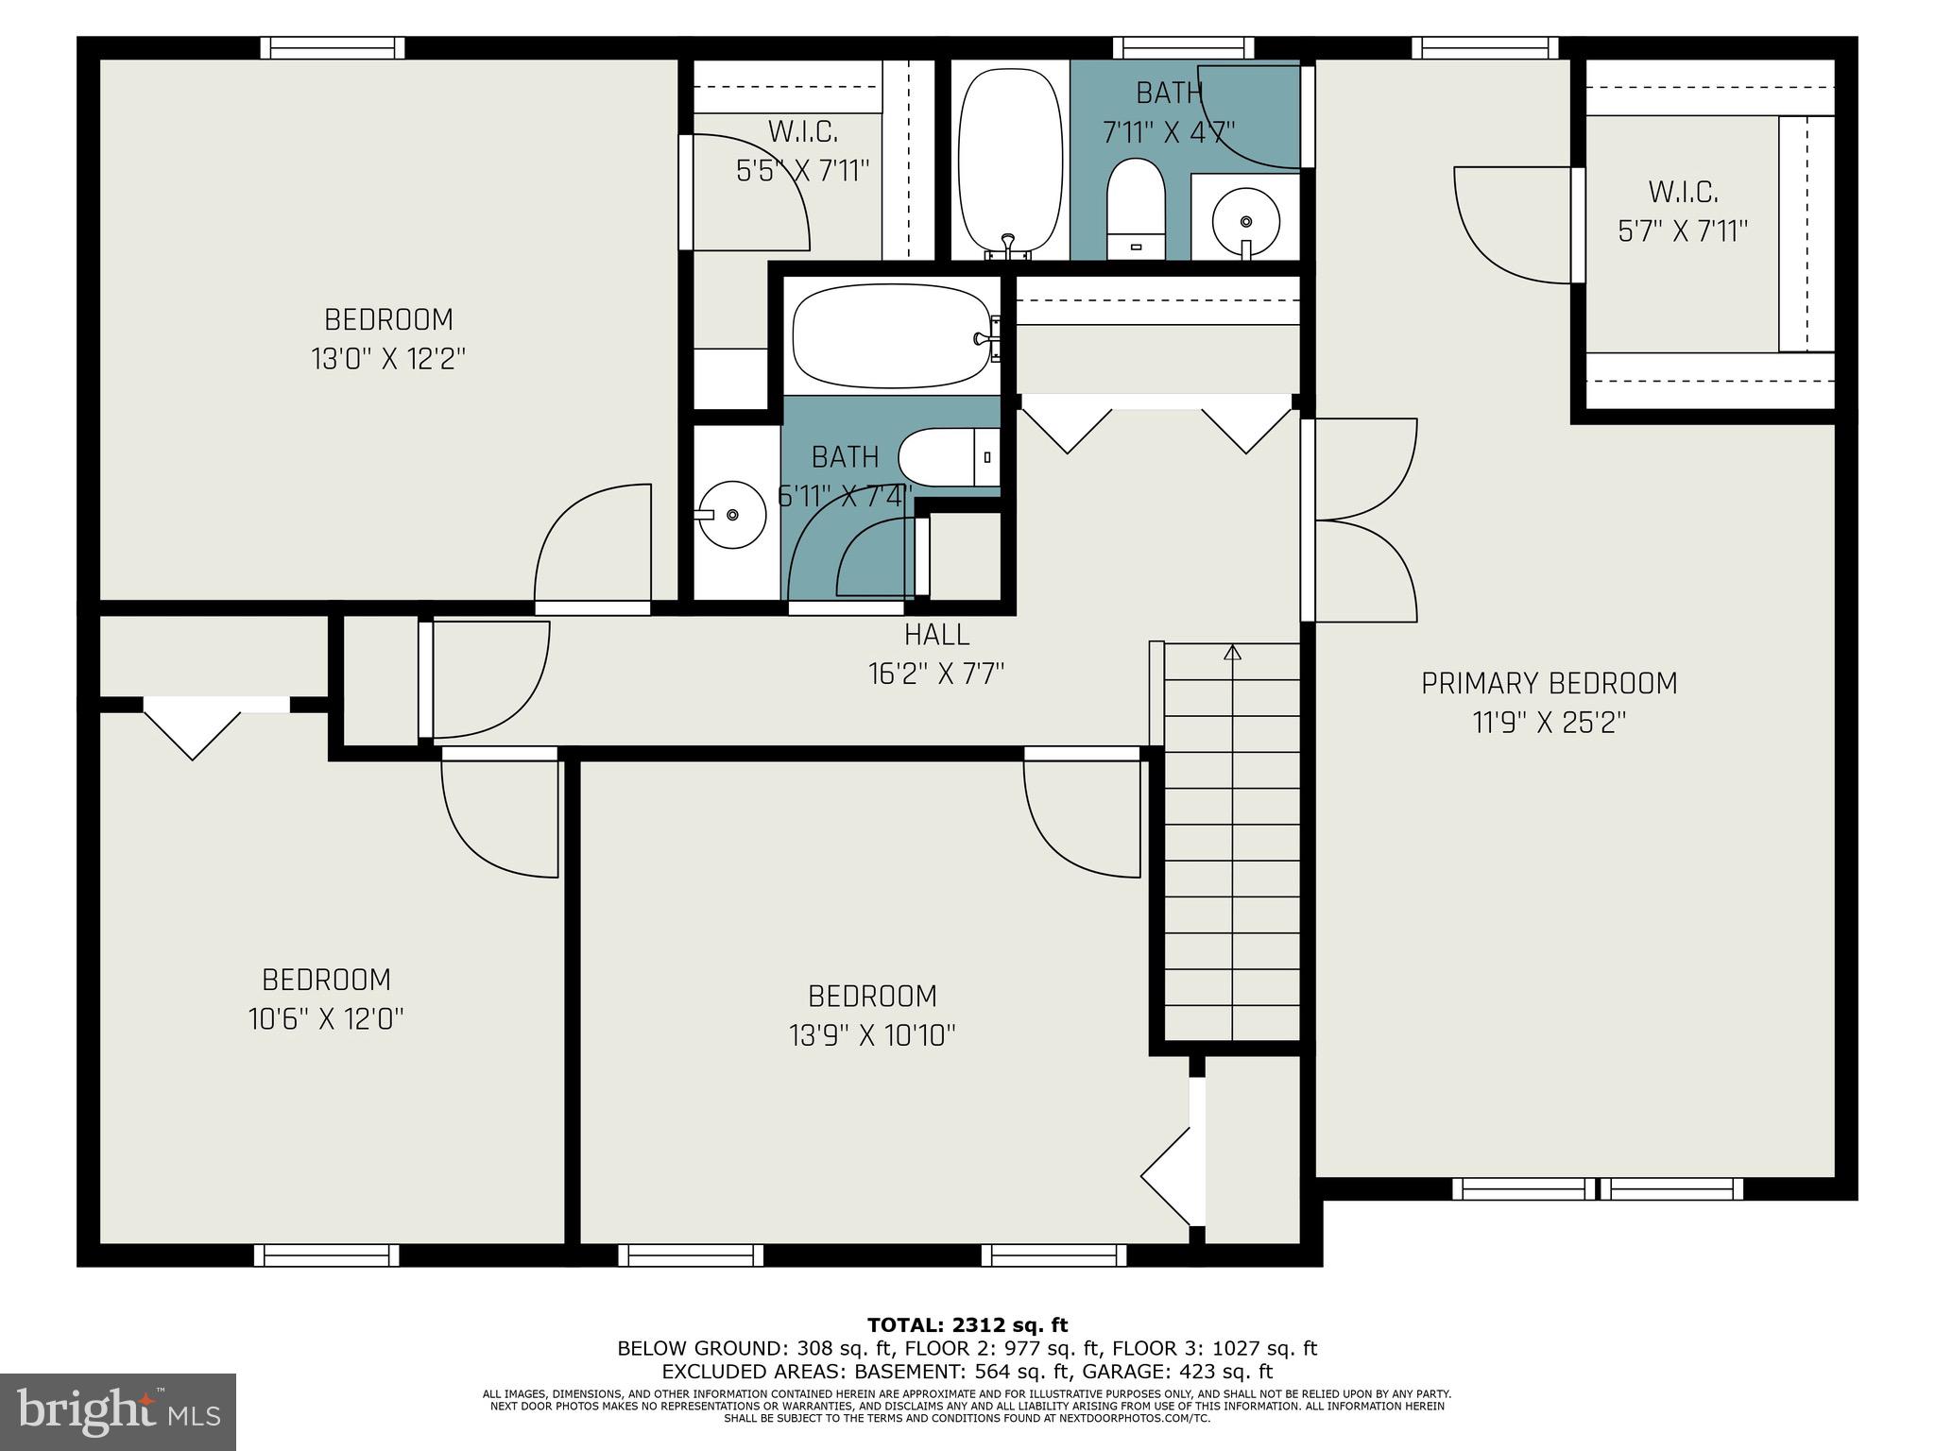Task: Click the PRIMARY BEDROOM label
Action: pos(1549,683)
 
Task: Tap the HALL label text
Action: pos(936,634)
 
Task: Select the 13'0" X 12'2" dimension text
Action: pos(388,359)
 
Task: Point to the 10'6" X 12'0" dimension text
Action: pos(326,1019)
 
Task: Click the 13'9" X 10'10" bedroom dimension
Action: pos(872,1036)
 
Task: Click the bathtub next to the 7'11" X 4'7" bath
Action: pos(1009,161)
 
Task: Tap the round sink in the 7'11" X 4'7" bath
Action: pos(1245,221)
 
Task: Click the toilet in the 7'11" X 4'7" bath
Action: pos(1136,206)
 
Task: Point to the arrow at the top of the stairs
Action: pos(1232,652)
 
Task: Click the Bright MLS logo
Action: pos(118,1411)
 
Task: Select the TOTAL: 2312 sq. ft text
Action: pos(967,1325)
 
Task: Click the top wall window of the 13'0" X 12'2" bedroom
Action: pos(333,47)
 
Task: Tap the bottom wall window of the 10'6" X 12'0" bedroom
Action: pos(327,1255)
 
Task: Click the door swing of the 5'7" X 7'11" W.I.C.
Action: pos(1512,227)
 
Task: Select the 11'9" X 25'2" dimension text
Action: pos(1549,723)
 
